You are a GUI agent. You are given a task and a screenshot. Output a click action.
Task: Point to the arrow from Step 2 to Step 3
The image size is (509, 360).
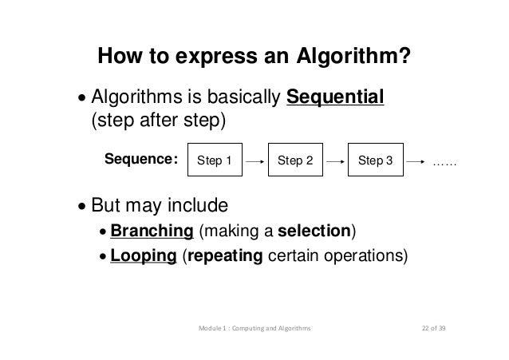pyautogui.click(x=336, y=160)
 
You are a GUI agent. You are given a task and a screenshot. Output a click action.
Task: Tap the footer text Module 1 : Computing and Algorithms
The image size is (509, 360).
pyautogui.click(x=254, y=328)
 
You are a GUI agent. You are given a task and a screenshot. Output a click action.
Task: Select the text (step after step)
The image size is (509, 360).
pyautogui.click(x=160, y=122)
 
